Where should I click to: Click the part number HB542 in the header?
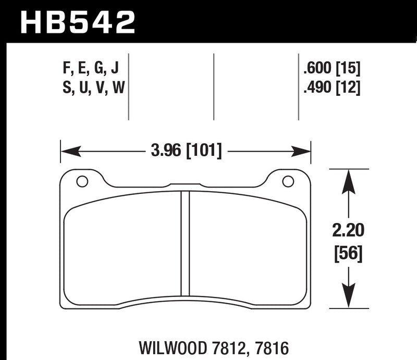coord(78,21)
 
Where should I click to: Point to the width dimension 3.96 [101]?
coord(186,152)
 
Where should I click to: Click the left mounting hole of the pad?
coord(82,181)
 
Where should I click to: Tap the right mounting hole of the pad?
coord(287,181)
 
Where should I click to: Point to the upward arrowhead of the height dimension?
coord(348,180)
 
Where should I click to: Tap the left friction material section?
coord(122,247)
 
